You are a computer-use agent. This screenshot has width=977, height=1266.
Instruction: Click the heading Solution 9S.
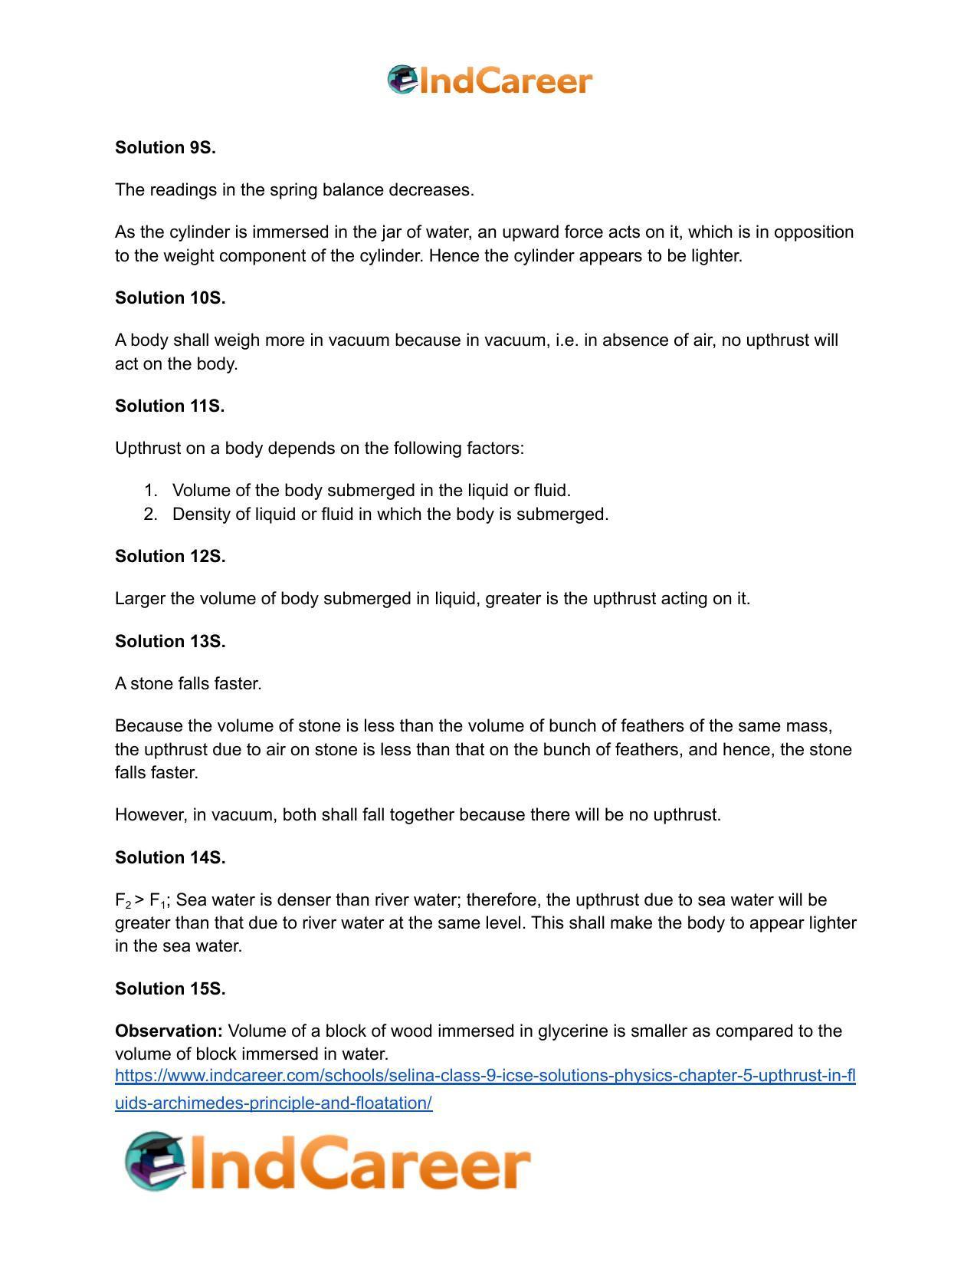tap(166, 148)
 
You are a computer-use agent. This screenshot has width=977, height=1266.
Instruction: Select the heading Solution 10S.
tap(170, 298)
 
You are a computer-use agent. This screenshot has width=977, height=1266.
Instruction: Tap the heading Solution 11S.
tap(170, 406)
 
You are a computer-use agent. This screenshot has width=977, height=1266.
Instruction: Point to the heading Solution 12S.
tap(170, 557)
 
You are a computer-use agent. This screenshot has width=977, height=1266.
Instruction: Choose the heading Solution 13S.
tap(170, 642)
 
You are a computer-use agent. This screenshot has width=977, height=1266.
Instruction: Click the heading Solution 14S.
tap(170, 858)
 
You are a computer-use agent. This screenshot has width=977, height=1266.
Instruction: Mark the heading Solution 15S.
tap(170, 989)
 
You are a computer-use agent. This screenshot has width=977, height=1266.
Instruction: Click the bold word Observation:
tap(169, 1031)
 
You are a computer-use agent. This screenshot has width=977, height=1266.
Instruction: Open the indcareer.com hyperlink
tap(484, 1077)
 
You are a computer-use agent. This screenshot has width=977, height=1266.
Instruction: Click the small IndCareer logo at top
tap(490, 81)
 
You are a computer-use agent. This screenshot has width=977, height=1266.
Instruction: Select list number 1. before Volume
tap(150, 491)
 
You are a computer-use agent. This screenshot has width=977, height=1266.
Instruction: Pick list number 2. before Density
tap(150, 515)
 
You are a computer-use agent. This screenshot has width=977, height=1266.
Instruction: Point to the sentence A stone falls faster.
tap(189, 684)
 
